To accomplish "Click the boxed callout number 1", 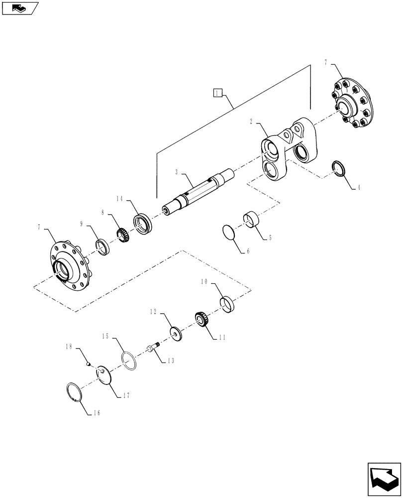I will click(x=217, y=92).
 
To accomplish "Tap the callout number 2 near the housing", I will click(x=252, y=121).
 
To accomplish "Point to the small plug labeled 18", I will click(x=88, y=364).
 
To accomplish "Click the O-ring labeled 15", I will click(x=128, y=361).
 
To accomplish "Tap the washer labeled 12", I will click(x=177, y=334).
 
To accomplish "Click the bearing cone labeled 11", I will click(x=201, y=319).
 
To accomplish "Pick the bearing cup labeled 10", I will click(x=227, y=304).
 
